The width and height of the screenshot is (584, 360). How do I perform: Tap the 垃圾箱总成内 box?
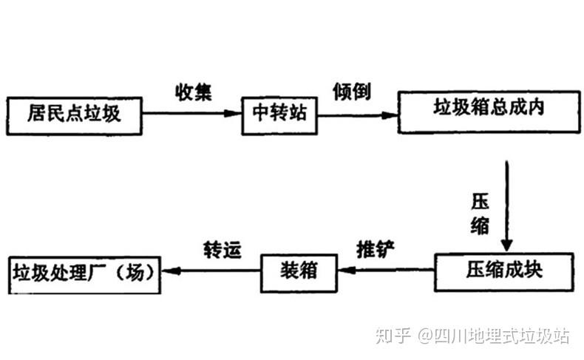coord(488,110)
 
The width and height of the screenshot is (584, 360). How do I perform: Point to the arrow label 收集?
coord(193,92)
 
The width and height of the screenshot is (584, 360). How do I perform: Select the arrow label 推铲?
coord(376,248)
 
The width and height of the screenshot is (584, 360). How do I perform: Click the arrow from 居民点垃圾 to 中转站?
coord(192,114)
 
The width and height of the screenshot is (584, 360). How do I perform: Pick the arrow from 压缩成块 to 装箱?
coord(385,271)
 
